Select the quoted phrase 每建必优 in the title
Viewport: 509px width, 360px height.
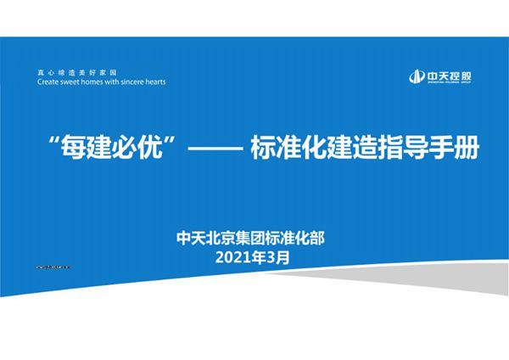[x=114, y=149]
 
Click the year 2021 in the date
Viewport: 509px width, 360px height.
[x=236, y=256]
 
